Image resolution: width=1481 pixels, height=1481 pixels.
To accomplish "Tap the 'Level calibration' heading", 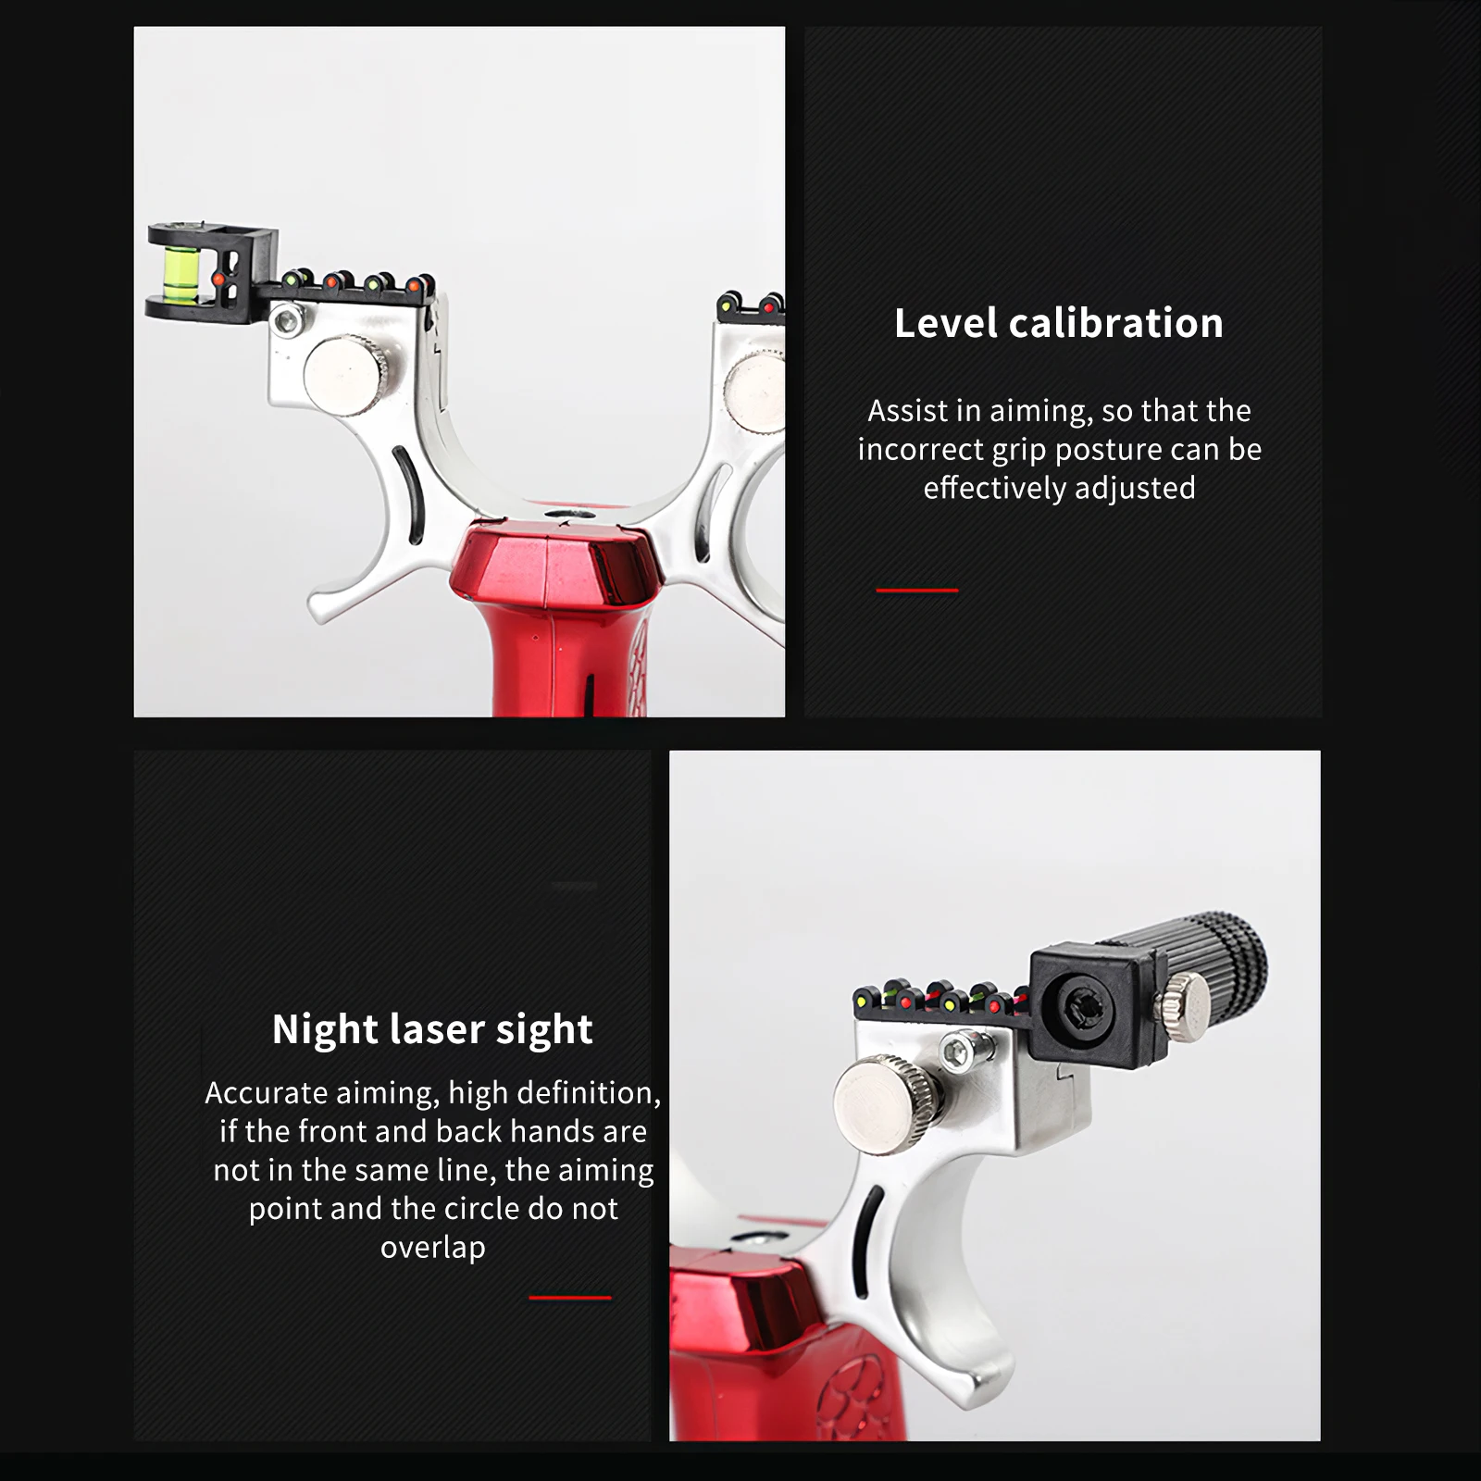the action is (x=1059, y=323).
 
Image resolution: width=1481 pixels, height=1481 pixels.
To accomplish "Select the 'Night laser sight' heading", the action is (x=432, y=1029).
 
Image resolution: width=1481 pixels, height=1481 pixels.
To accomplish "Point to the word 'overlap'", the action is (x=433, y=1248).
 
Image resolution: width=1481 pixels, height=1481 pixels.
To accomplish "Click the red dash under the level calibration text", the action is (x=917, y=590).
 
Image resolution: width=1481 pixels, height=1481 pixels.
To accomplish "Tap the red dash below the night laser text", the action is (x=570, y=1298).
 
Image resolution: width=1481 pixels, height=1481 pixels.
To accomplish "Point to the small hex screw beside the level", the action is (x=288, y=321).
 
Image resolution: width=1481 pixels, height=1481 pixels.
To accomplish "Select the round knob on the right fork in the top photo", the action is (x=753, y=392).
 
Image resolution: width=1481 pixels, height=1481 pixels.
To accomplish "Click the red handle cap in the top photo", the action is (x=556, y=565).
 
